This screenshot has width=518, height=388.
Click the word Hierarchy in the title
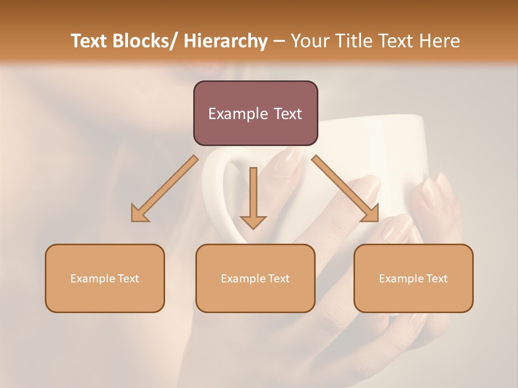tap(226, 41)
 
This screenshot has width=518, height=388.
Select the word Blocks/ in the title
tap(145, 41)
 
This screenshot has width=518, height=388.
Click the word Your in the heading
tap(310, 41)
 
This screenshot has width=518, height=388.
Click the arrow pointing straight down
tap(253, 194)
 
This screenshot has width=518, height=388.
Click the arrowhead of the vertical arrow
tap(253, 221)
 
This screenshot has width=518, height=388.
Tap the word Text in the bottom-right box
tap(437, 279)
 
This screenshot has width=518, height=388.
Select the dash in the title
tap(279, 41)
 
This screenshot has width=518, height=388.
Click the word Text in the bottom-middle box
tap(278, 279)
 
